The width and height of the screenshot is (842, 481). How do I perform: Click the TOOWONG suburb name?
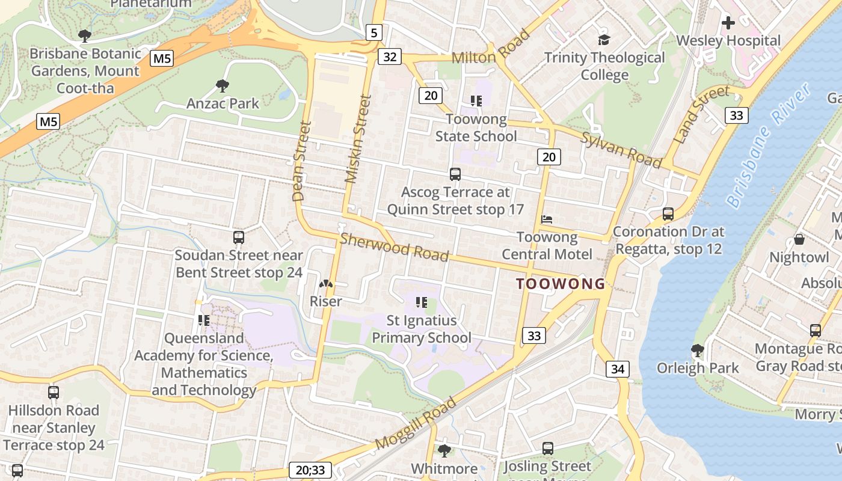(x=561, y=284)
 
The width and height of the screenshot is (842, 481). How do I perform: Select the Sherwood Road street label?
(x=394, y=247)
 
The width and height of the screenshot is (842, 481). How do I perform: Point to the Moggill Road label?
(x=416, y=423)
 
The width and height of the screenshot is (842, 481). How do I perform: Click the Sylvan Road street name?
(x=621, y=150)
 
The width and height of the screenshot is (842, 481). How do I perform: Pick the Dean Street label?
(x=301, y=161)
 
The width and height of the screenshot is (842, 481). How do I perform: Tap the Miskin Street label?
(x=356, y=138)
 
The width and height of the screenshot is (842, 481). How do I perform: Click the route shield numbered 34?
(x=618, y=369)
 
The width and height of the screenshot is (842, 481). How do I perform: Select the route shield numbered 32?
(x=390, y=57)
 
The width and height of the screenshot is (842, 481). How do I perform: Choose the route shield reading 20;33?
(x=310, y=470)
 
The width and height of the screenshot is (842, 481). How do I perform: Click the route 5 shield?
(x=374, y=32)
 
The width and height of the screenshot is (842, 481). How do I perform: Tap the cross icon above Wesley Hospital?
(x=728, y=23)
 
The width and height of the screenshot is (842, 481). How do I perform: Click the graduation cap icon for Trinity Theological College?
(x=604, y=40)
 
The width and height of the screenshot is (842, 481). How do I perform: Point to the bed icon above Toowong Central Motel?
(x=547, y=219)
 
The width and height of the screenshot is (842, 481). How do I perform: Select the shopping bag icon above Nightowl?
(x=799, y=239)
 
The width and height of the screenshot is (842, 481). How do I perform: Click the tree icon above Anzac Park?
(x=223, y=86)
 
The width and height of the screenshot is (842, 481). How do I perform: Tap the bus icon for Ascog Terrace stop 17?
(x=455, y=174)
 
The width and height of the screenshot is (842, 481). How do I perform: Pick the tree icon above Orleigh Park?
(x=698, y=350)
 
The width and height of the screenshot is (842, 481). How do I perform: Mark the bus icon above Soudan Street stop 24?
(x=239, y=237)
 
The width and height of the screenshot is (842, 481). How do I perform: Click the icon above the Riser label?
(x=325, y=284)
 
